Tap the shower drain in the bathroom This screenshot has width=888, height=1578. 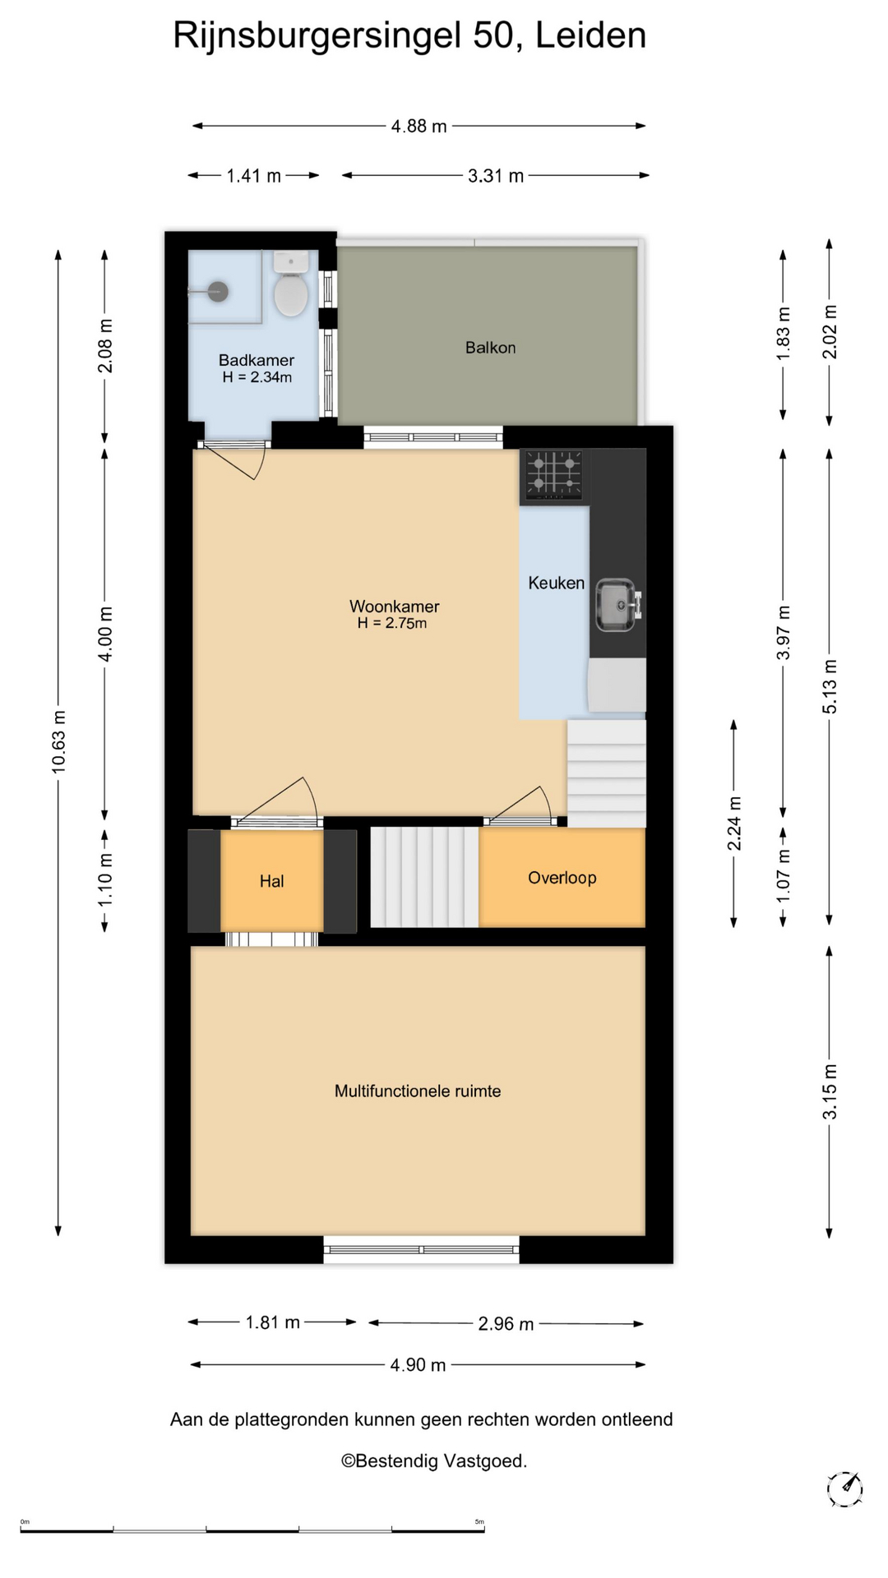pos(217,290)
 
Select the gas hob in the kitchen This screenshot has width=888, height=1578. pos(554,475)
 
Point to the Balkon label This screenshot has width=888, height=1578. pos(491,348)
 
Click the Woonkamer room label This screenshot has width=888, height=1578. pos(395,607)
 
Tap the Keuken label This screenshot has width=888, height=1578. pos(557,583)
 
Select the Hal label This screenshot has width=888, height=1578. pos(271,881)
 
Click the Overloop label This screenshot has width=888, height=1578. pos(562,878)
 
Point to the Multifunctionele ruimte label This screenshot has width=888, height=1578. pos(418,1091)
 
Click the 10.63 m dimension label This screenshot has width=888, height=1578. pos(59,741)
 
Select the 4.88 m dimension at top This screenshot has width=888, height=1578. pos(419,127)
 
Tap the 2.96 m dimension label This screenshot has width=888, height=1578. pos(506,1324)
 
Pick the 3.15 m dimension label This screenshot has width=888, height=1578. pos(830,1091)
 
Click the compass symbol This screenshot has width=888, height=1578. pos(844,1488)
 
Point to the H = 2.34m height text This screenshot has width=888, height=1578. pos(257,377)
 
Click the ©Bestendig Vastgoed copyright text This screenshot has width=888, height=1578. pos(434,1460)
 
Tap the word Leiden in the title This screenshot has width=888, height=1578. pos(591,35)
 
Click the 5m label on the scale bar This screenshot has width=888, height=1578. pos(479,1522)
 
